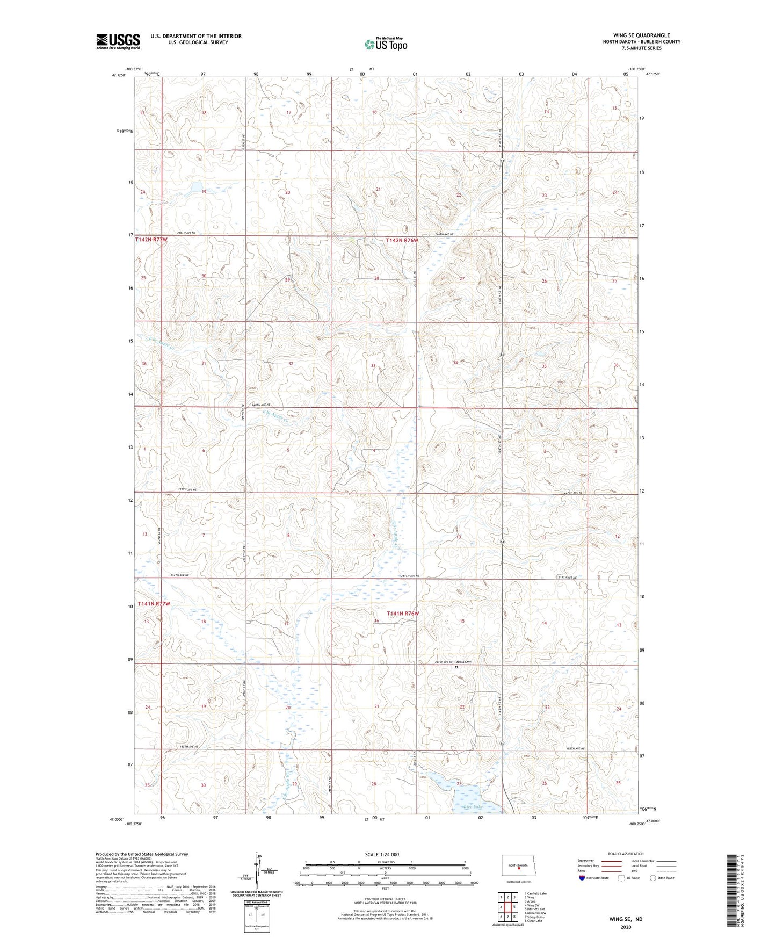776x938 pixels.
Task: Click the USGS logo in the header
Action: pos(118,41)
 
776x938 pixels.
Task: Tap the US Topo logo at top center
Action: pos(385,45)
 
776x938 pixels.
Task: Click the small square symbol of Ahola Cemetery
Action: pos(456,667)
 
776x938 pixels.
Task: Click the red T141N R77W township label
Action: pos(154,604)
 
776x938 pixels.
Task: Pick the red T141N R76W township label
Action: pos(402,613)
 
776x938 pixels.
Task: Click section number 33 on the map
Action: pos(373,366)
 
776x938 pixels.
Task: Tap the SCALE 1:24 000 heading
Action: pos(382,854)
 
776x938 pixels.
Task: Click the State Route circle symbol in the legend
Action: pos(652,878)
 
